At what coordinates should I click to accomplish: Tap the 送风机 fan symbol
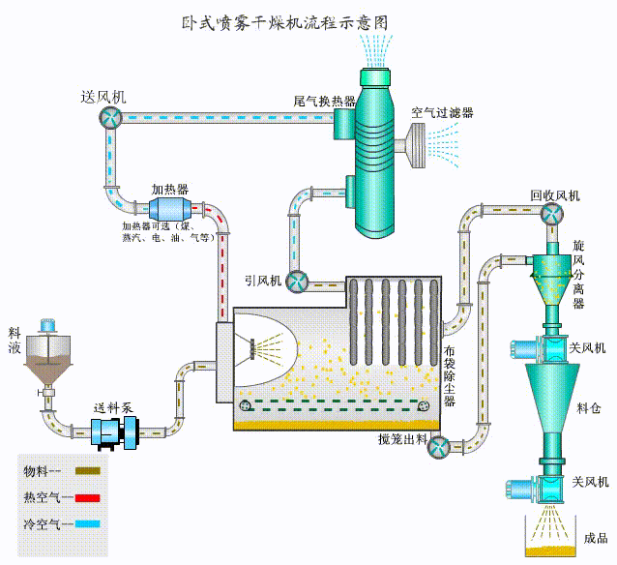coord(107,116)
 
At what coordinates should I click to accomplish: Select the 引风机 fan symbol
coord(296,281)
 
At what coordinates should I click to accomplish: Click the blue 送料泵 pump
coord(114,431)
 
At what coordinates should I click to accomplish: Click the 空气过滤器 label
coord(442,113)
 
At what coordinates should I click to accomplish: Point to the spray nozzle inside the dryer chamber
coord(255,344)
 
